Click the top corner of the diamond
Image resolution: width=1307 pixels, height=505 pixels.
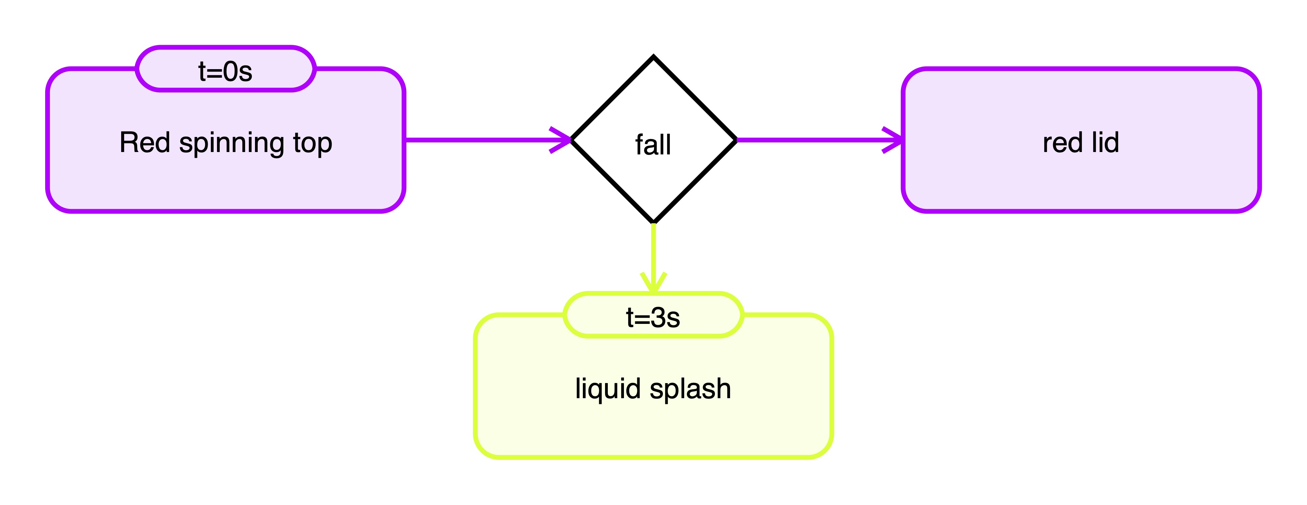(654, 58)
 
